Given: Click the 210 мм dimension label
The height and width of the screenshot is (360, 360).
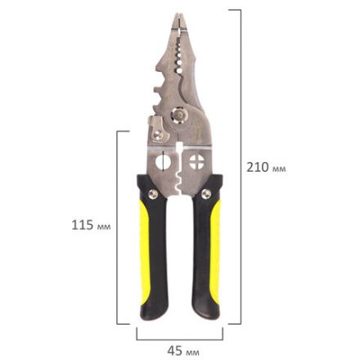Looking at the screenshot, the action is coord(266,167).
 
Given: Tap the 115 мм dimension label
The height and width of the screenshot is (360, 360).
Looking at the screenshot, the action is coord(91,225).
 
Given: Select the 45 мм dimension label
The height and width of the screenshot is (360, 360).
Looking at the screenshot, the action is coord(183,351).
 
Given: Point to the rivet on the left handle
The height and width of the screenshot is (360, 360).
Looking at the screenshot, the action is coord(153,194).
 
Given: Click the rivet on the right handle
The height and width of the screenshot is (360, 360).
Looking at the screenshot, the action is coord(206,194).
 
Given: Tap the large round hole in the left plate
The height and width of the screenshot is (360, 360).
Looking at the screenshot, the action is coord(163,162).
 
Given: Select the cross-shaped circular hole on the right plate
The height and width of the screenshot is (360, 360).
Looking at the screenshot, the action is coord(197,162).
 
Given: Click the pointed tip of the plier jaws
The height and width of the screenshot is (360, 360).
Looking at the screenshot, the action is coord(178,14).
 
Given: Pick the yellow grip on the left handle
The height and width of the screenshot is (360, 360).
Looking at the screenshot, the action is coord(145,252).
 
